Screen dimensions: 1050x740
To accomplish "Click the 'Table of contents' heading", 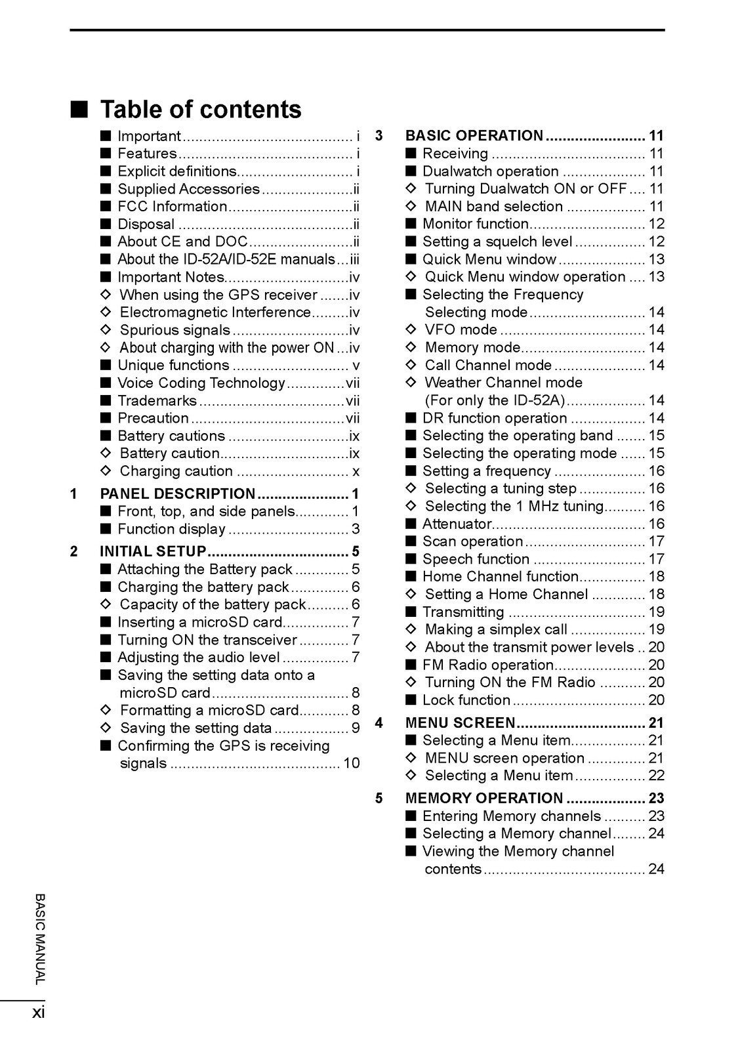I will point(201,110).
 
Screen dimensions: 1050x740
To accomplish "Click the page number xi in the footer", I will point(38,1013).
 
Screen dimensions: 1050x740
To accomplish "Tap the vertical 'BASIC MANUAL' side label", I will point(39,938).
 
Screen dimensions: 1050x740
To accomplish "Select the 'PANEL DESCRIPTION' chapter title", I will point(178,494).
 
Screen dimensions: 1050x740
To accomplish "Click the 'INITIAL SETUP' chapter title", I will point(153,551).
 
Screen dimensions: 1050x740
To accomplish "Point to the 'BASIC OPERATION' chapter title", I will point(474,136).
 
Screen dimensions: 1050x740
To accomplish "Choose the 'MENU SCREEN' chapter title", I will point(461,723).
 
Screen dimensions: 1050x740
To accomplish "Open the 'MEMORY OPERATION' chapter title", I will point(484,799).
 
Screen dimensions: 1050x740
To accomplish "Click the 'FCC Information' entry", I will point(172,207).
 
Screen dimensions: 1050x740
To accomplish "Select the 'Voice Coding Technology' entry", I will point(201,383).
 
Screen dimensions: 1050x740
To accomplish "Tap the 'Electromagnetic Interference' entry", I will point(215,312).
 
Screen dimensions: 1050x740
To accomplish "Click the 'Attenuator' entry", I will point(457,524).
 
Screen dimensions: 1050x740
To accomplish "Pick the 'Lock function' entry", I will point(466,700).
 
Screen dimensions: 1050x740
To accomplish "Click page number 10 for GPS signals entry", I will point(352,763).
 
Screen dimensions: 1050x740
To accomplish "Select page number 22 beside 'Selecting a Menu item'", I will point(656,776).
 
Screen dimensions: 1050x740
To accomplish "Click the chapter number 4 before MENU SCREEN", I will point(379,723).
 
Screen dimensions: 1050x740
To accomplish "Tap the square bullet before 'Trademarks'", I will point(106,401).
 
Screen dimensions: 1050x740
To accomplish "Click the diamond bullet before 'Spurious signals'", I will point(106,330).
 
